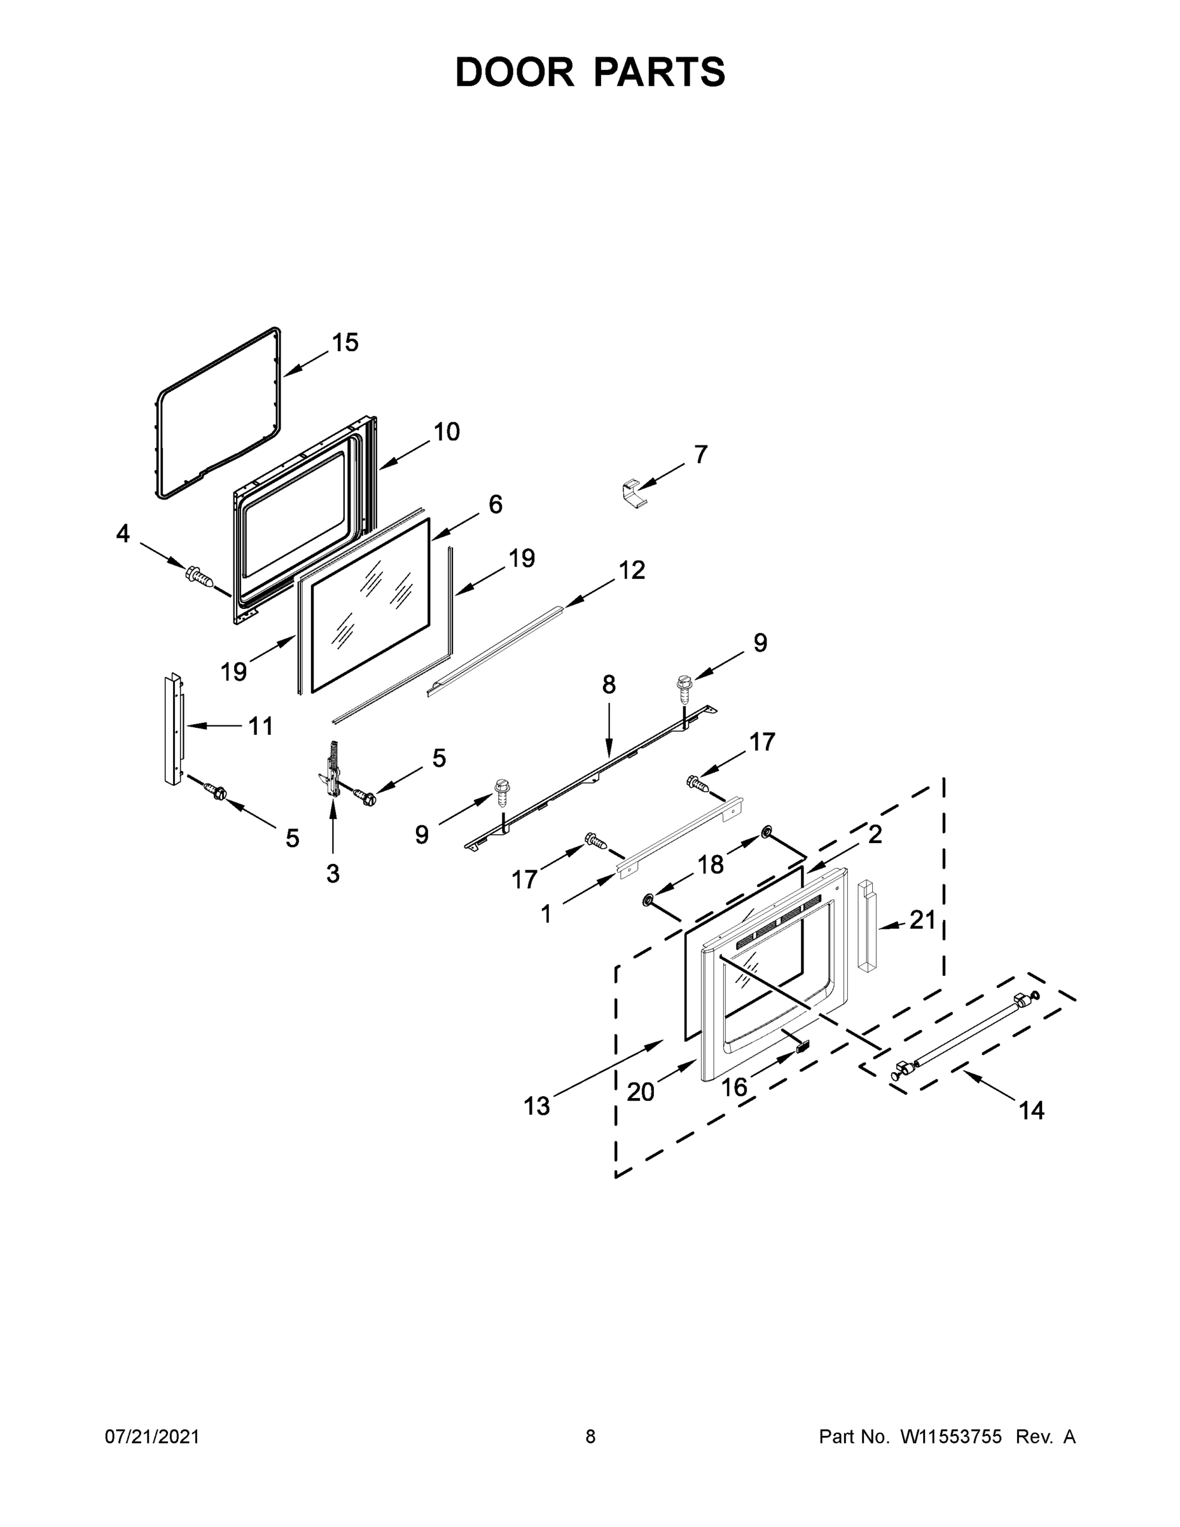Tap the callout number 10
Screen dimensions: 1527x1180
[446, 431]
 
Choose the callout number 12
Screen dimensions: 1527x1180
[631, 570]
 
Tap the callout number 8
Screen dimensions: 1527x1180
[609, 685]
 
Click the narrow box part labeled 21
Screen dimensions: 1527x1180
[866, 926]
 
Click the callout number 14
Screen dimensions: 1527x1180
[1031, 1110]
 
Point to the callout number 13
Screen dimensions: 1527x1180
[537, 1105]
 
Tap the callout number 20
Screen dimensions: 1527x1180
[640, 1091]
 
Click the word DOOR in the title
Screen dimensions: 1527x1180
[515, 72]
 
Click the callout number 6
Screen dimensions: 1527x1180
[495, 503]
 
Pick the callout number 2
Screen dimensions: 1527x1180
[875, 833]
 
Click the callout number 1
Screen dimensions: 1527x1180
[546, 913]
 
